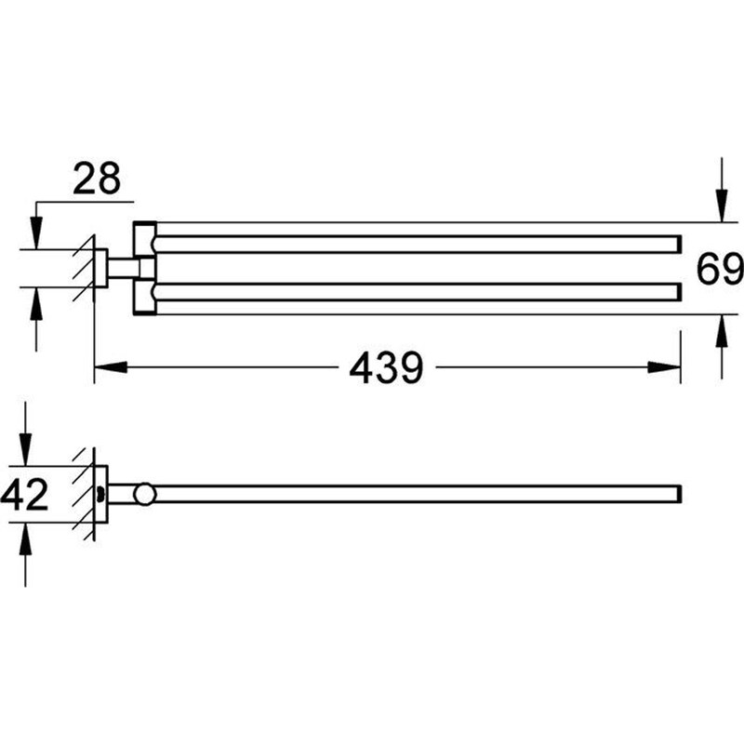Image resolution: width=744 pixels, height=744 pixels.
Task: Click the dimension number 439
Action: point(386,369)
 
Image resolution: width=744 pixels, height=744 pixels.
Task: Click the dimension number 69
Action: point(721,270)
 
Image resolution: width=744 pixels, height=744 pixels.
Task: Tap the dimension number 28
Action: point(97,178)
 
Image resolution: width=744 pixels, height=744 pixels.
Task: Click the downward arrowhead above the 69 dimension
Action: point(722,208)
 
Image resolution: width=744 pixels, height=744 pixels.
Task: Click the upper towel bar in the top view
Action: point(418,245)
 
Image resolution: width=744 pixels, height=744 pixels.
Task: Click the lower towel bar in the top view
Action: point(418,291)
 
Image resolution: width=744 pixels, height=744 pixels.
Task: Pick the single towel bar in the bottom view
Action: point(418,494)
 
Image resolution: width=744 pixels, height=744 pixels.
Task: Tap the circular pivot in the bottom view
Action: point(145,494)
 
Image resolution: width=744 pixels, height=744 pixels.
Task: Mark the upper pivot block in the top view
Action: point(145,238)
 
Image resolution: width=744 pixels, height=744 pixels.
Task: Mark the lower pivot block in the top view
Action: point(145,298)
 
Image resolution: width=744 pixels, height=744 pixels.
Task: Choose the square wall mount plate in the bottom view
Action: point(101,494)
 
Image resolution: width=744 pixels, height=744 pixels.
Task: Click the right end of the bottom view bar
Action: point(679,494)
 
